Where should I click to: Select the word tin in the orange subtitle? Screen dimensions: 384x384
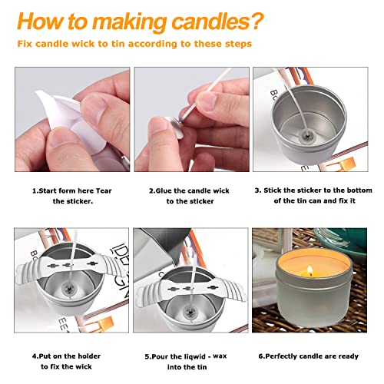(x=153, y=43)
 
